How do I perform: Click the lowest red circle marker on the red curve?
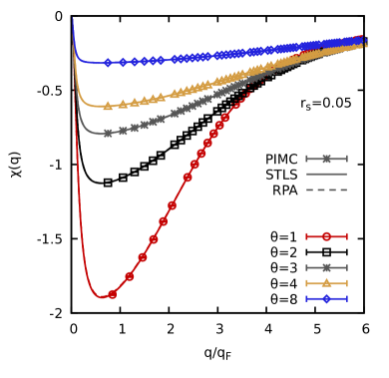112,294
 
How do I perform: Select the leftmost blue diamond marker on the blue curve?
108,63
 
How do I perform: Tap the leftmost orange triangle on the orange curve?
108,106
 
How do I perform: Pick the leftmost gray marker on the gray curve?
108,133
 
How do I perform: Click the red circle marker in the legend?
326,236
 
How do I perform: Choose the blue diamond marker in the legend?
326,298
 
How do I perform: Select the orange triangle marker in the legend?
326,283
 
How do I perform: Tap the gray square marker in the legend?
326,267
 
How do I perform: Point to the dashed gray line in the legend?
326,189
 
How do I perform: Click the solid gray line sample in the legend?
326,174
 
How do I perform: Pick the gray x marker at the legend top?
326,159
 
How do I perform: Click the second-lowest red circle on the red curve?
130,276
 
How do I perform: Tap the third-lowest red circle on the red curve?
142,257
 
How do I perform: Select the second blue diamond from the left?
123,62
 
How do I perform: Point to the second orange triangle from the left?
123,104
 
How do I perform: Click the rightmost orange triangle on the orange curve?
363,43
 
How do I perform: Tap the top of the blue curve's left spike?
73,18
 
